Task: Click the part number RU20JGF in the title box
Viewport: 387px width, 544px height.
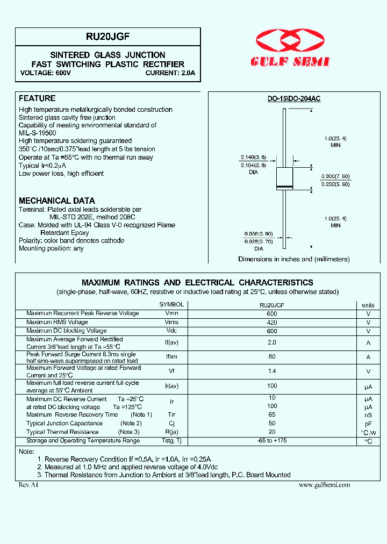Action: [x=107, y=37]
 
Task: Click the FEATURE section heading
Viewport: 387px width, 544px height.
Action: [x=37, y=98]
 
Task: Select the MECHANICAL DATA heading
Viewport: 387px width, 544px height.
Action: [x=57, y=201]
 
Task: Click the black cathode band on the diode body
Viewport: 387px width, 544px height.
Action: [x=284, y=187]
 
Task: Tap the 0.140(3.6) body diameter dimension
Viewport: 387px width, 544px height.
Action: [x=253, y=158]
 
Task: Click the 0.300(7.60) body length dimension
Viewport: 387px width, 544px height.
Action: [x=335, y=176]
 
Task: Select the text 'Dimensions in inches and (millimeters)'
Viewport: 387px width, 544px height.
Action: [x=294, y=259]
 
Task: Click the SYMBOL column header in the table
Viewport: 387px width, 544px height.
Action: [x=171, y=305]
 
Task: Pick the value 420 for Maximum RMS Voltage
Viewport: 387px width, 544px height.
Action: [x=272, y=323]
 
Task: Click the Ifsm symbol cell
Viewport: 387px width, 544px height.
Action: [x=171, y=357]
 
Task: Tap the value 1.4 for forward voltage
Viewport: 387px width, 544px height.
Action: [x=272, y=371]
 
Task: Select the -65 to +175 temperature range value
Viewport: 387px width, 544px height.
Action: [x=272, y=441]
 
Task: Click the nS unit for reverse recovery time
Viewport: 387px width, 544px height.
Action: [x=368, y=414]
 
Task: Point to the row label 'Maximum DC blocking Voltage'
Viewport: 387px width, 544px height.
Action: [x=66, y=331]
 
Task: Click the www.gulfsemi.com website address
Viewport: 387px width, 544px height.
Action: [x=324, y=485]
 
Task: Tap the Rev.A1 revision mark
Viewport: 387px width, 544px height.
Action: [x=29, y=485]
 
